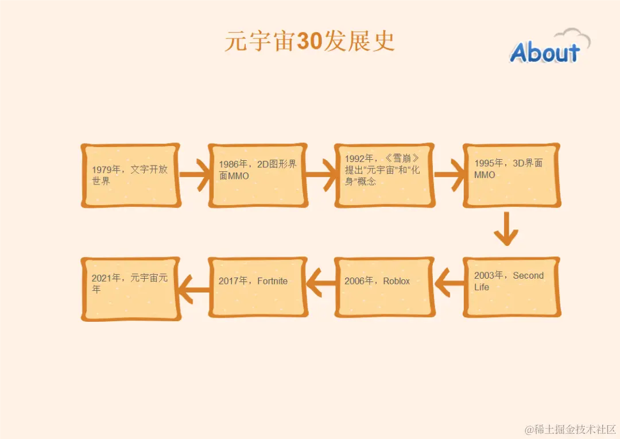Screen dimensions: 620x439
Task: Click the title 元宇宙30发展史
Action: point(309,42)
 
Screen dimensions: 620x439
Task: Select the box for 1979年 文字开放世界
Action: point(130,175)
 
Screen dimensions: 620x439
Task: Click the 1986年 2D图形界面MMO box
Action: point(257,175)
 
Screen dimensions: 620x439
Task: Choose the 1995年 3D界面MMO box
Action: point(511,175)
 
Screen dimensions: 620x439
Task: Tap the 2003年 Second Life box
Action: point(511,287)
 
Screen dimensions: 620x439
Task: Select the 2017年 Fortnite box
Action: point(257,287)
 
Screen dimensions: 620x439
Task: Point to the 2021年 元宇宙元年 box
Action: point(130,287)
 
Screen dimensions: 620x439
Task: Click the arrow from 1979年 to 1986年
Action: point(195,175)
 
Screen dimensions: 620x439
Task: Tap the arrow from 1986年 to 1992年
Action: point(321,175)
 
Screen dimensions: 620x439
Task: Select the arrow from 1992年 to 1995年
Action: point(449,175)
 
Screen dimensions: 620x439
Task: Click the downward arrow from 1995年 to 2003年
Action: point(506,229)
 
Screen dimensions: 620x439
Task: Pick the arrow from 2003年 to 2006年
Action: point(449,283)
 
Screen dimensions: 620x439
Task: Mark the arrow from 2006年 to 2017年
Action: point(321,283)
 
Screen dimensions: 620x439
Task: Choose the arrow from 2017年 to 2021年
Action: point(195,283)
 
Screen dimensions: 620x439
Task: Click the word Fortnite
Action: point(273,281)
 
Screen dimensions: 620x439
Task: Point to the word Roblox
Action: point(397,281)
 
